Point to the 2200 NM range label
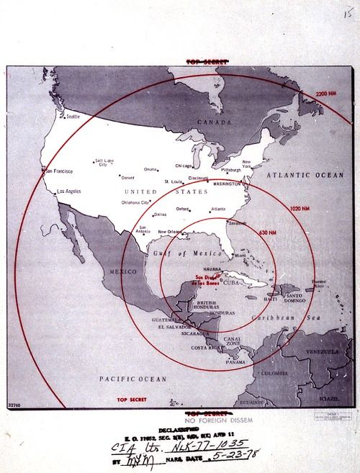[x=325, y=94]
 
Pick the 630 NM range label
[x=267, y=233]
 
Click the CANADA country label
[x=213, y=122]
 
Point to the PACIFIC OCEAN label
[x=133, y=378]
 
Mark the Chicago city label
[x=184, y=166]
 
